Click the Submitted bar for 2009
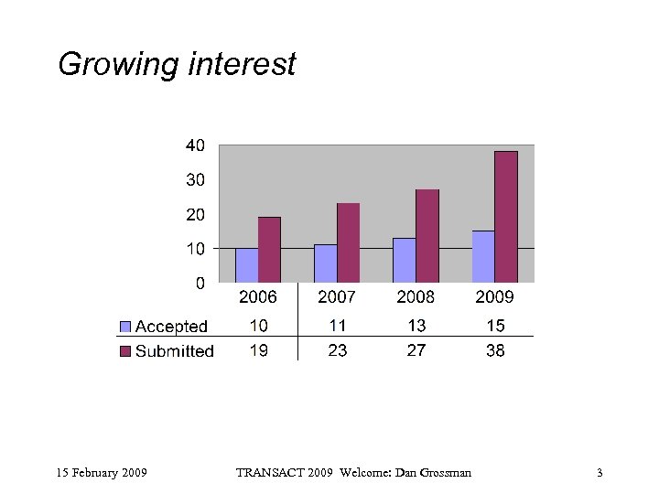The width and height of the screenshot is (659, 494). tap(506, 217)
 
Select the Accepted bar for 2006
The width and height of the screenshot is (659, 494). tap(246, 265)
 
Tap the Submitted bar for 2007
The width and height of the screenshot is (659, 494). tap(348, 242)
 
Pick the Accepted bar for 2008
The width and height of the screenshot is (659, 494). tap(404, 260)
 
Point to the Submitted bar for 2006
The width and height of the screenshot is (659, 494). tap(269, 250)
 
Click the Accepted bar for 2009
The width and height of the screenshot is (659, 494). tap(483, 256)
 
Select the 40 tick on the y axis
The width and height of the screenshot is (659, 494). tap(195, 145)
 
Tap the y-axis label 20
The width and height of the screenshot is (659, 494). tap(195, 214)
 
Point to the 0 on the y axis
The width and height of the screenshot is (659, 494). tap(200, 283)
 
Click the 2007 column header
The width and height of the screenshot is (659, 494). tap(338, 297)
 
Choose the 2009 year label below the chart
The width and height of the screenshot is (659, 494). tap(495, 297)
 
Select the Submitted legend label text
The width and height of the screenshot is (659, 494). tap(174, 351)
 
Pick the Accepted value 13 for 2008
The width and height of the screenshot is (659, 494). tap(416, 326)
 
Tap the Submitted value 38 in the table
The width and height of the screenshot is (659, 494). tap(495, 350)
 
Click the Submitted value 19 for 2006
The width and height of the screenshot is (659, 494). tap(258, 350)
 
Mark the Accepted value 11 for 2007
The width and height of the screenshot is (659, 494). tap(338, 326)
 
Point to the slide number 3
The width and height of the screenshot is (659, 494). tap(600, 473)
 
